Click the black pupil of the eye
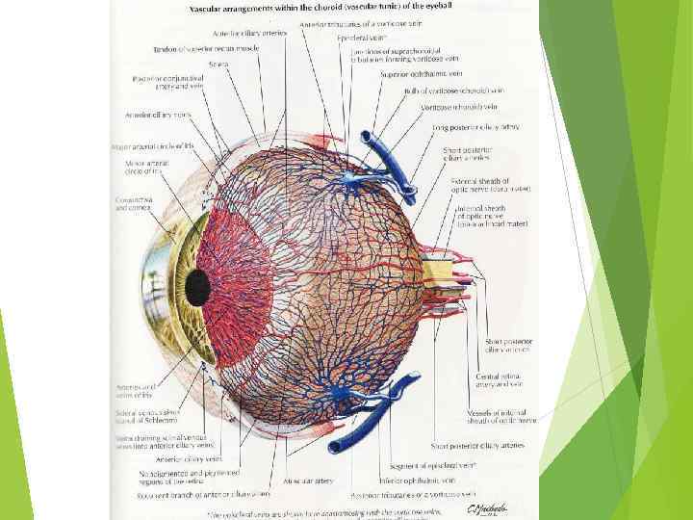coord(197,284)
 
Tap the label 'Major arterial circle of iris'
coord(154,147)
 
